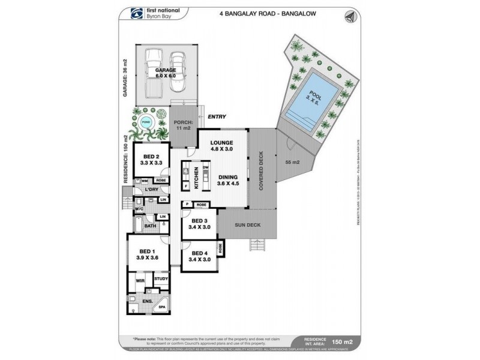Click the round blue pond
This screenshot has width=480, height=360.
tap(146, 123)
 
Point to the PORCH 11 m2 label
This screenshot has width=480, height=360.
tap(182, 124)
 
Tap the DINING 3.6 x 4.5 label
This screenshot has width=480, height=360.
tap(229, 181)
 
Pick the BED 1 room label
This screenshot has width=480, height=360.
tap(146, 254)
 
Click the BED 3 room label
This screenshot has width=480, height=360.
tap(199, 224)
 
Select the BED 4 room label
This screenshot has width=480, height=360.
tap(199, 256)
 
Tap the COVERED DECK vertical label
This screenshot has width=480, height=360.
tap(260, 170)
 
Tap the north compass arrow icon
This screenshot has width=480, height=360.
tap(350, 16)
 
